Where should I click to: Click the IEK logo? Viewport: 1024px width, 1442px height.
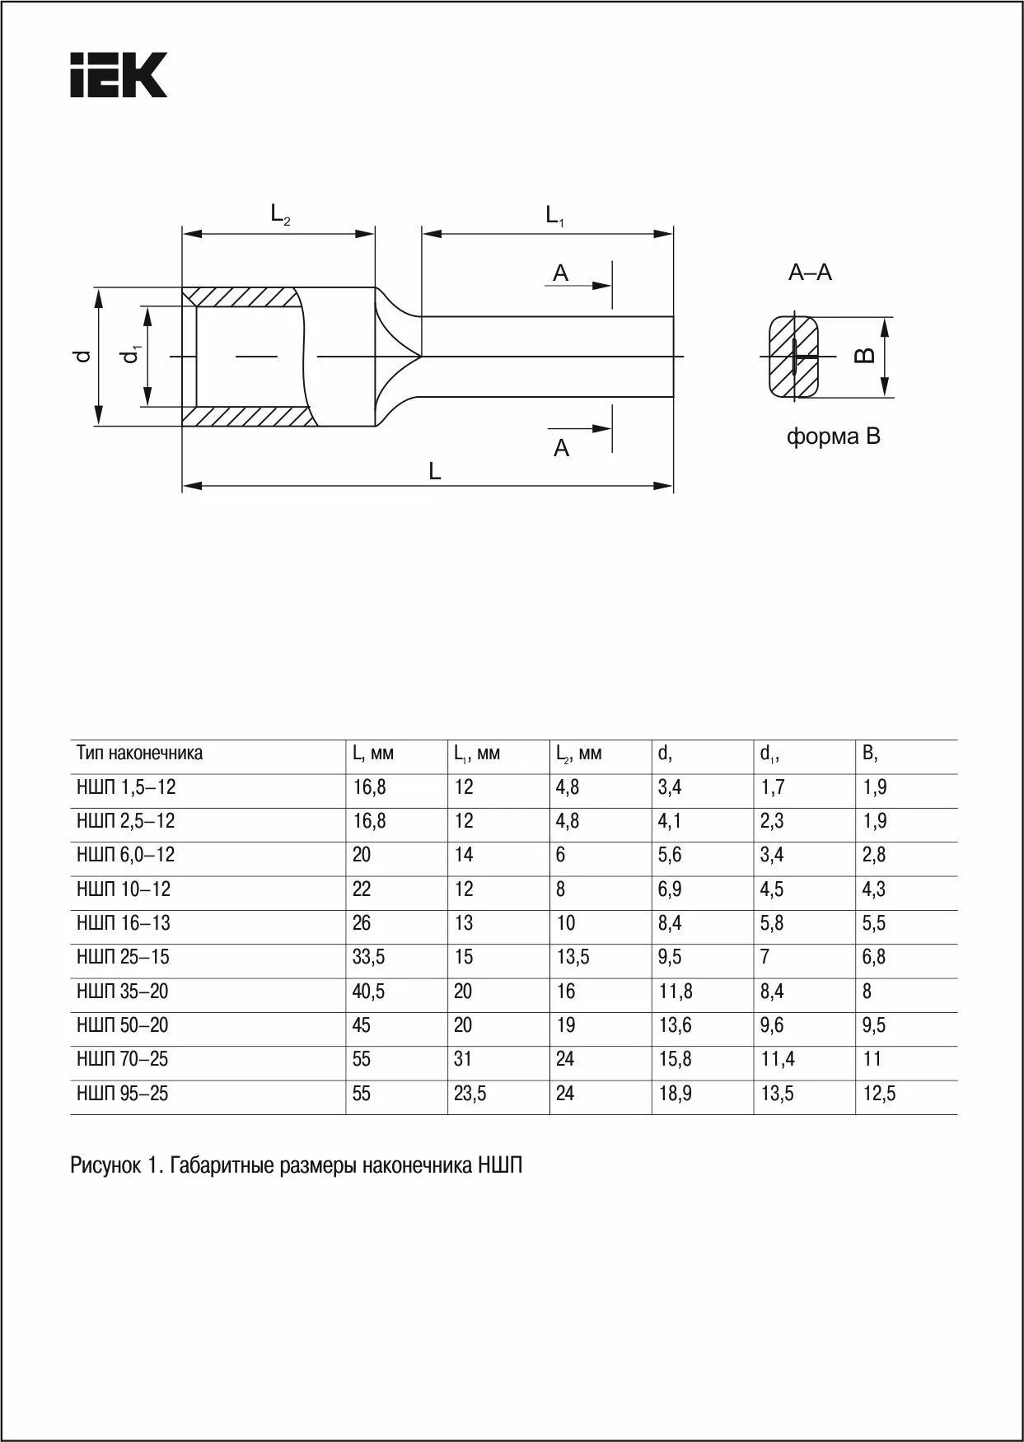tap(119, 75)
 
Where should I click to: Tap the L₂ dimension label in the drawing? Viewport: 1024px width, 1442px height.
tap(280, 215)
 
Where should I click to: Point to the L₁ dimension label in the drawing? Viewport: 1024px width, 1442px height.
tap(554, 217)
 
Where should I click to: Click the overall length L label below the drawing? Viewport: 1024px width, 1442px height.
tap(434, 472)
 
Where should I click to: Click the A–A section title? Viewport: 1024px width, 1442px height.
tap(810, 273)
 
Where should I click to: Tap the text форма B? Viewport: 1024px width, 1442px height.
tap(833, 436)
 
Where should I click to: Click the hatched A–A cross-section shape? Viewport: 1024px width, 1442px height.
tap(794, 357)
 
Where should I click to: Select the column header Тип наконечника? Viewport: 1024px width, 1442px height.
tap(139, 753)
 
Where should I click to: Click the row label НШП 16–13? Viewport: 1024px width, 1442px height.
tap(124, 923)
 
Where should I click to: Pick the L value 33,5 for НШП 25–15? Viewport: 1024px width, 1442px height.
tap(368, 957)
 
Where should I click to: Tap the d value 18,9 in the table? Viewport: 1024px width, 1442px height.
tap(675, 1094)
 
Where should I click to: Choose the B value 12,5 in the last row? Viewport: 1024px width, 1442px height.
tap(879, 1094)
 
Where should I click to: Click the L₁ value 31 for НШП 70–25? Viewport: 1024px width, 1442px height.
tap(463, 1059)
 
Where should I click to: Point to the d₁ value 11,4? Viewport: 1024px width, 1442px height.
tap(778, 1059)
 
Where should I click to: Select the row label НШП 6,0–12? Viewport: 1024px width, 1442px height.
tap(126, 855)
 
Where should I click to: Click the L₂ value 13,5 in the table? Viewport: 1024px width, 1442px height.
tap(573, 957)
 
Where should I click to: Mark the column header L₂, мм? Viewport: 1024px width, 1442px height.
tap(578, 754)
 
